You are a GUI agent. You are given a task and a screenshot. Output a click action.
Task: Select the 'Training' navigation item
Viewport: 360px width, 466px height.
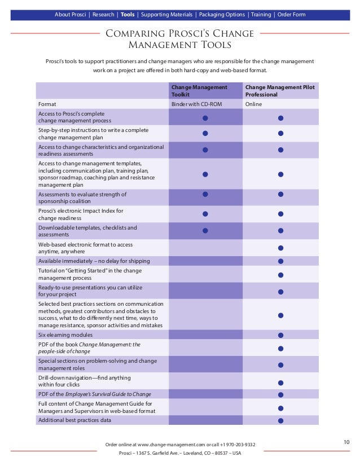click(261, 15)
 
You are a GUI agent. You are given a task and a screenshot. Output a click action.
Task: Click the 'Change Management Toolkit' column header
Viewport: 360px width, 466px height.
click(199, 91)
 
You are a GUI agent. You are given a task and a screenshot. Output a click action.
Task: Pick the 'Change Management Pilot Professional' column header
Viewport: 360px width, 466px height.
click(279, 91)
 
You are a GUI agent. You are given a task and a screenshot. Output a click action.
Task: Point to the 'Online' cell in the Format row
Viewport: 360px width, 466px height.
click(253, 104)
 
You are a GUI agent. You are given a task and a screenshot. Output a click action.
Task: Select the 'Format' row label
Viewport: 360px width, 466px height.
click(47, 104)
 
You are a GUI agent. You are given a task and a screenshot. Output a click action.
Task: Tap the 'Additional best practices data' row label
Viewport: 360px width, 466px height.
click(74, 420)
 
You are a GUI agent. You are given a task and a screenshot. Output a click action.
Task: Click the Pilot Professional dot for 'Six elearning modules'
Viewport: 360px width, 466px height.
click(280, 335)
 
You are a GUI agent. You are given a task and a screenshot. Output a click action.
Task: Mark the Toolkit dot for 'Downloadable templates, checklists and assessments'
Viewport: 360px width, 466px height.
click(205, 230)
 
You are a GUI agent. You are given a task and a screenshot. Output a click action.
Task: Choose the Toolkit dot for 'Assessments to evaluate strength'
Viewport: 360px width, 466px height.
click(205, 194)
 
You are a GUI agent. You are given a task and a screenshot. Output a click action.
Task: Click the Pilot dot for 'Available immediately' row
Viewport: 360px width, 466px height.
click(280, 261)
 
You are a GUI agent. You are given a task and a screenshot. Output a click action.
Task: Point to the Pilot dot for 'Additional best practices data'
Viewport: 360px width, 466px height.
click(280, 420)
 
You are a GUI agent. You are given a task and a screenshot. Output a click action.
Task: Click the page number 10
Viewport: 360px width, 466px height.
click(347, 442)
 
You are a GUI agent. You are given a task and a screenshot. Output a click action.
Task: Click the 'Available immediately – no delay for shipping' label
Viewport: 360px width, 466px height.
click(94, 261)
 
